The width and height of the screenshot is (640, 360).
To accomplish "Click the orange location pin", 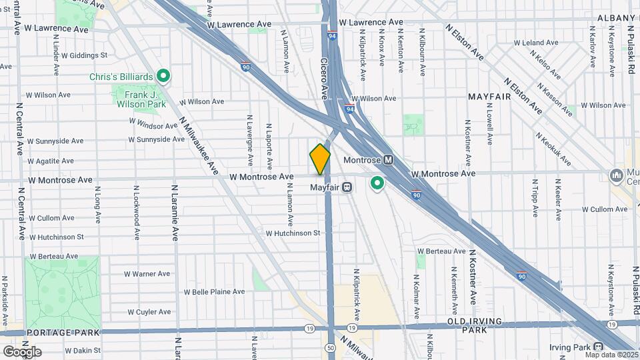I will (x=320, y=159).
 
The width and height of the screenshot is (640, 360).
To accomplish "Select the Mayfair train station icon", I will (x=347, y=187).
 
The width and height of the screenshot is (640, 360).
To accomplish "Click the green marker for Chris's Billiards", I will (x=163, y=77).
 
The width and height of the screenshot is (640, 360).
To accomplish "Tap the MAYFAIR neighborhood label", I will (x=489, y=97).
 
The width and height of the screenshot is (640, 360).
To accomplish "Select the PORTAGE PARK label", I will (x=63, y=332).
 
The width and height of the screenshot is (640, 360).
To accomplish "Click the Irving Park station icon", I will (x=597, y=347).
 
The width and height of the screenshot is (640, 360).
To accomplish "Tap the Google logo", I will (x=22, y=352).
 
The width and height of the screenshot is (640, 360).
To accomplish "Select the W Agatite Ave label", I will (x=55, y=161).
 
